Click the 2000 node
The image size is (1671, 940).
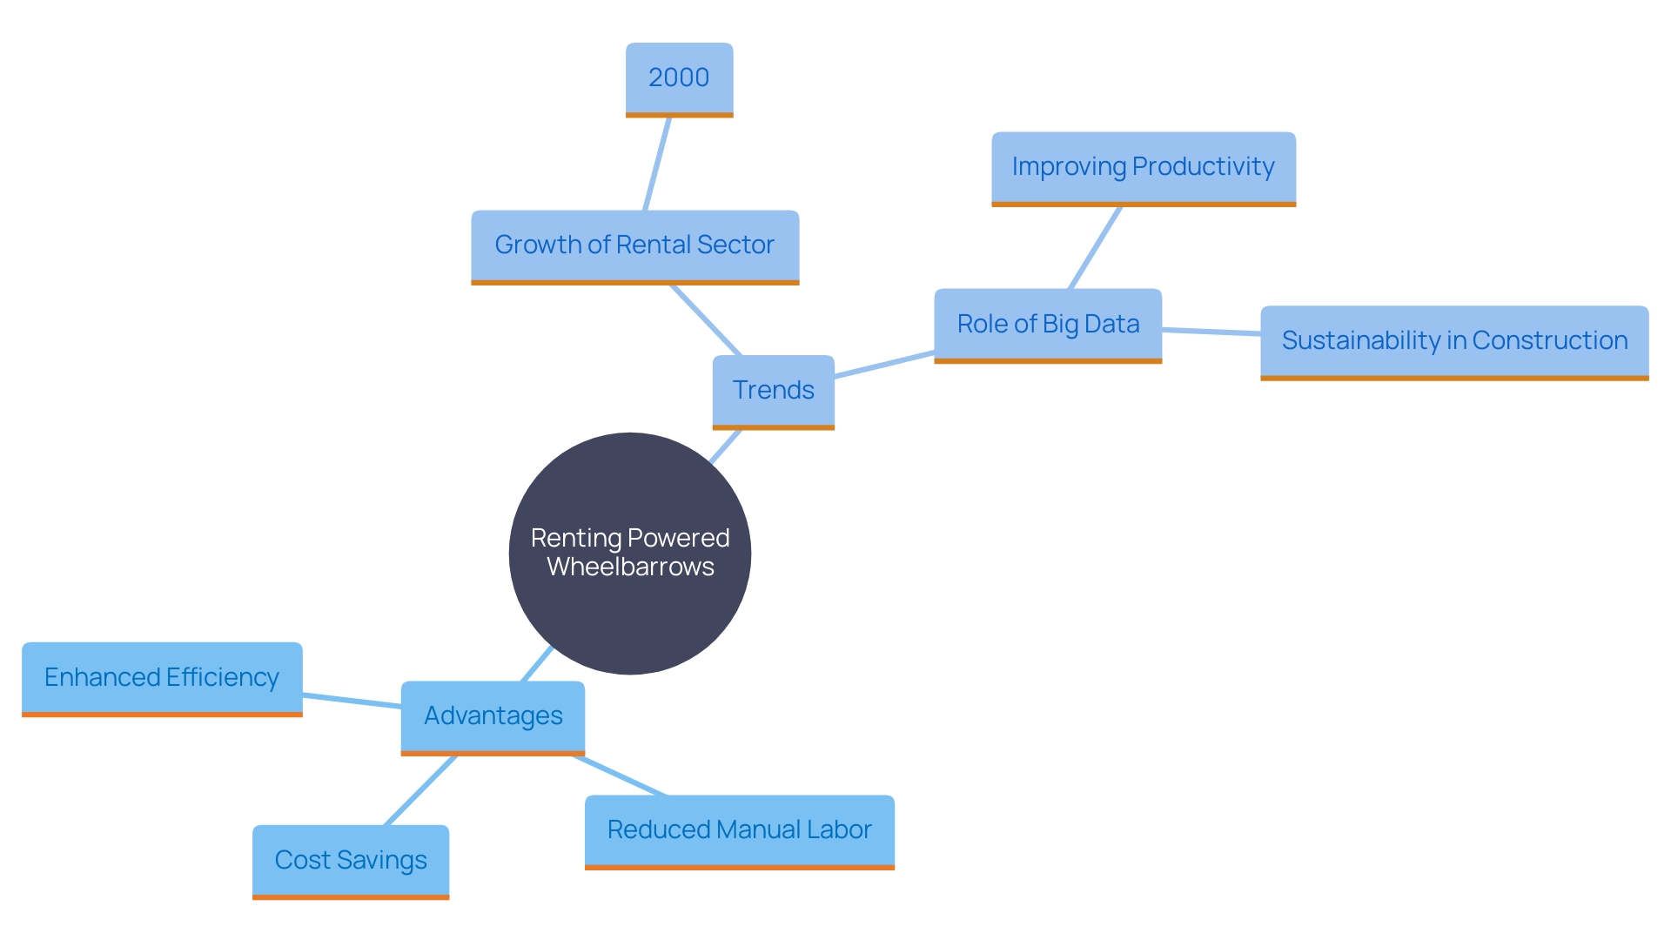tap(679, 78)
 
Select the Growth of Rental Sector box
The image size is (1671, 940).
tap(634, 245)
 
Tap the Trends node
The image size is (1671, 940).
tap(773, 391)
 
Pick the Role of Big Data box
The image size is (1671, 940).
tap(1048, 325)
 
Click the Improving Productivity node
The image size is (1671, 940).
tap(1143, 167)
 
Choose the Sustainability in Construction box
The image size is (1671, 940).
tap(1454, 341)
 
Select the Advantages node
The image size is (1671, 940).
tap(493, 716)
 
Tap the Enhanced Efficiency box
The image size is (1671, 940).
tap(162, 678)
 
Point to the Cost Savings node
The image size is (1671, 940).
tap(351, 861)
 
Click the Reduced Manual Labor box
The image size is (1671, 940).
tap(739, 830)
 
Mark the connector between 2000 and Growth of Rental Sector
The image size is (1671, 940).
tap(657, 164)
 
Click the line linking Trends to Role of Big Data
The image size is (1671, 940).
tap(884, 364)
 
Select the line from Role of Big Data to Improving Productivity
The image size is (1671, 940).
tap(1095, 247)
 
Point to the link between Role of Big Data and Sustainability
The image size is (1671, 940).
tap(1211, 332)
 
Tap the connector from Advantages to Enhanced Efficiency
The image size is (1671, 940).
tap(352, 701)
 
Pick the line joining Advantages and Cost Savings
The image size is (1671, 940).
tap(419, 790)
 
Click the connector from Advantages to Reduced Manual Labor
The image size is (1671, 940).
tap(620, 775)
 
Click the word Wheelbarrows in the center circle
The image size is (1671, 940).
tap(630, 567)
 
